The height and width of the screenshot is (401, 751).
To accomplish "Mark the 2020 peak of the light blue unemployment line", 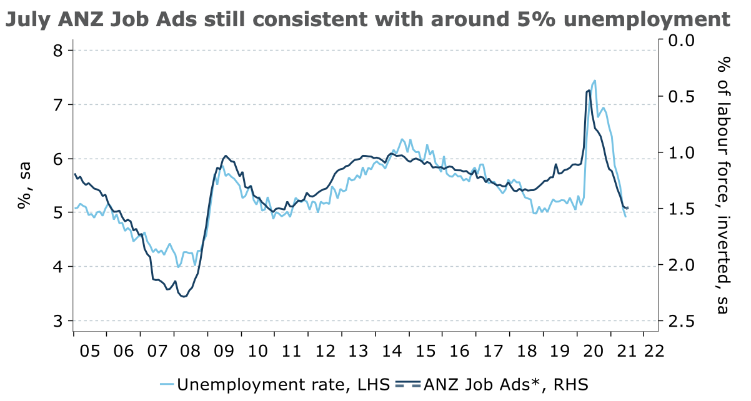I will tap(594, 80).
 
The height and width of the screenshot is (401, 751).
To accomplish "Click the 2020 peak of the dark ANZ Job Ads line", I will tap(589, 91).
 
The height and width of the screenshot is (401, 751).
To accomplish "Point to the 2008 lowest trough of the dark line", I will tap(183, 297).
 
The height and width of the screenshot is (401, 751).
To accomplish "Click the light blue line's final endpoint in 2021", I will tap(625, 216).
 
